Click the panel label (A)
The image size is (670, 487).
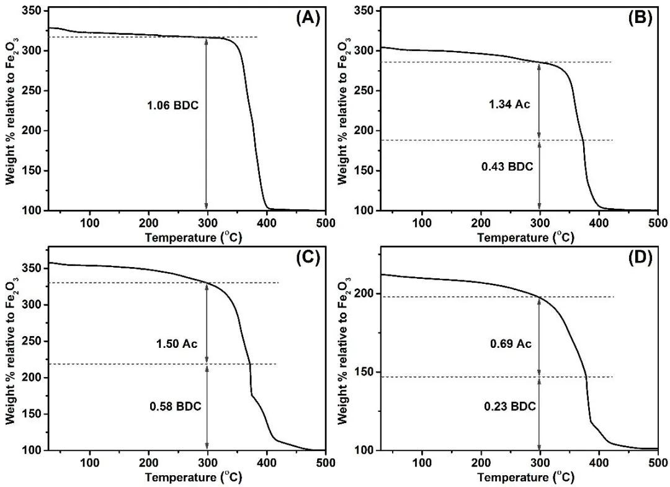[308, 18]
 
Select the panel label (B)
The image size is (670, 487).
[640, 18]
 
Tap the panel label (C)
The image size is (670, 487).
[308, 258]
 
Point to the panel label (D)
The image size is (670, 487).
[640, 258]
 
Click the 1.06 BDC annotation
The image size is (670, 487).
[174, 105]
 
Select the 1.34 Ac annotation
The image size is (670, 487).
[509, 104]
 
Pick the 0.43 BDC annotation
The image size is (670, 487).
[507, 166]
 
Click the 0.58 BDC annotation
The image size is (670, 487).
[175, 406]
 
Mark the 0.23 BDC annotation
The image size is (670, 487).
[509, 406]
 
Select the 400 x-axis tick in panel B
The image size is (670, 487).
[599, 222]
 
